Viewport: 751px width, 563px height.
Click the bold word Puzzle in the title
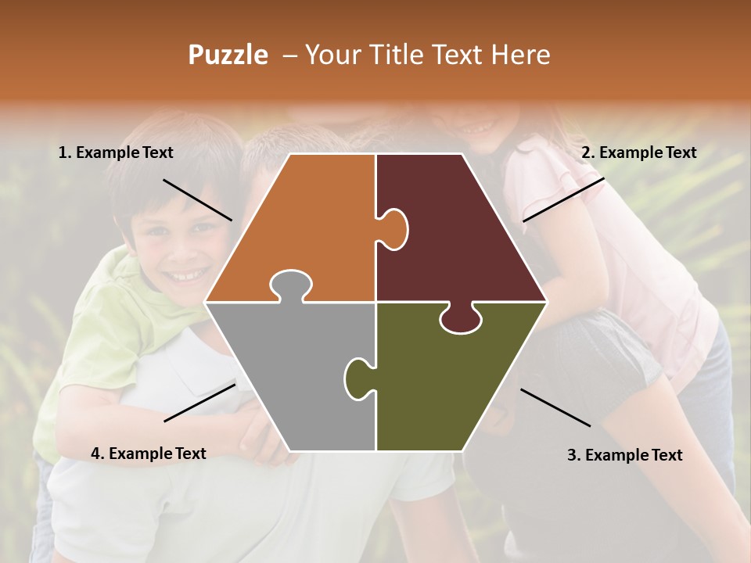pos(228,55)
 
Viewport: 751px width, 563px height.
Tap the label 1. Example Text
pos(116,153)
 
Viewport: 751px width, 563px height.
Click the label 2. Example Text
pos(638,153)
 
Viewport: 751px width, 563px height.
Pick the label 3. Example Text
pos(624,455)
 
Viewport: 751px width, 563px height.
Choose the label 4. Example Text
pos(148,454)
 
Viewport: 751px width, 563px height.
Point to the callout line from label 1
pos(197,199)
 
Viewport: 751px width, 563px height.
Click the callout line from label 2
pos(563,199)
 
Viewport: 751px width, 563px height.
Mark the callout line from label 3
pos(555,407)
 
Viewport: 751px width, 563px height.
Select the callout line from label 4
pos(199,402)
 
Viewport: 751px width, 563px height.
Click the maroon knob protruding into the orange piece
pos(394,229)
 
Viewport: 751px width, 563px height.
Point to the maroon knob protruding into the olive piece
pos(461,319)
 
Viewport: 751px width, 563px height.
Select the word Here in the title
pos(521,55)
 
